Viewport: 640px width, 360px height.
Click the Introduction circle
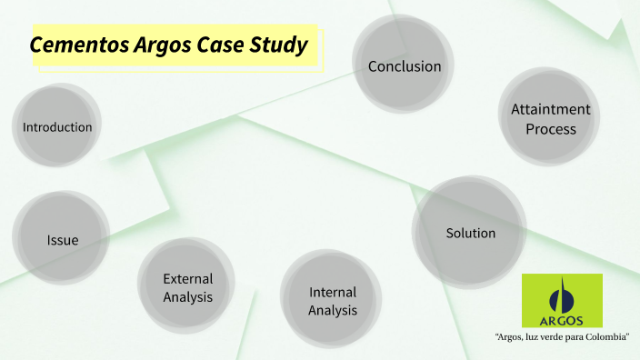click(57, 127)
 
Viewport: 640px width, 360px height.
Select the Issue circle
click(62, 239)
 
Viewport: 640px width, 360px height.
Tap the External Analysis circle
click(187, 287)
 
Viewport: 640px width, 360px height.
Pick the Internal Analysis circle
click(332, 301)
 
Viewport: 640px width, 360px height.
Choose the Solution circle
click(470, 233)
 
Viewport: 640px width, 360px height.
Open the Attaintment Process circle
click(550, 118)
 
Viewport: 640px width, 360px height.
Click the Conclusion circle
click(404, 66)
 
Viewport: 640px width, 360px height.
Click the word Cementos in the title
click(73, 45)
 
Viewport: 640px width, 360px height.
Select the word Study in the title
click(277, 45)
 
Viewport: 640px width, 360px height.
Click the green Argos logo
click(561, 300)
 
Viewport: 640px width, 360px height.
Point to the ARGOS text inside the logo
click(561, 319)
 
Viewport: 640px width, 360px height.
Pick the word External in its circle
click(187, 278)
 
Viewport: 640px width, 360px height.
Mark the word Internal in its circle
click(333, 292)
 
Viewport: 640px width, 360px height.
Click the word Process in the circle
click(551, 129)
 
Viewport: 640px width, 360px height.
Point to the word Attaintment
click(551, 109)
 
